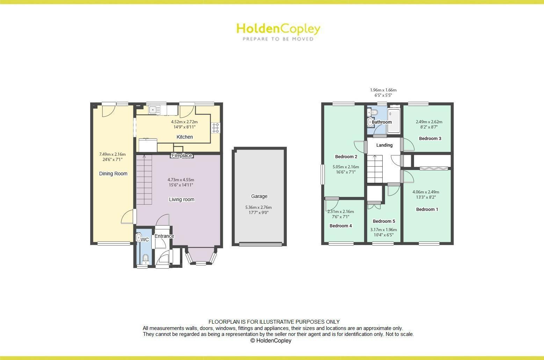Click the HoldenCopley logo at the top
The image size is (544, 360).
click(278, 31)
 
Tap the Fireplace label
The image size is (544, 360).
click(182, 155)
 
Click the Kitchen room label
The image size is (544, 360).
click(184, 137)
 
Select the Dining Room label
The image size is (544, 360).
click(113, 174)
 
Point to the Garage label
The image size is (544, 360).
click(259, 196)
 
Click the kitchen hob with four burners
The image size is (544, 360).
click(215, 128)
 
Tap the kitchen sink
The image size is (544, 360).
click(154, 110)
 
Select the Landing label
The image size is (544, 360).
click(384, 145)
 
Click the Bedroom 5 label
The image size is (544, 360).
click(384, 221)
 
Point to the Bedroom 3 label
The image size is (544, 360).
click(430, 138)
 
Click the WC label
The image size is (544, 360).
click(145, 240)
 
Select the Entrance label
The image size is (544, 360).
click(164, 236)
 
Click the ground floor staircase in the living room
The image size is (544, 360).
click(144, 180)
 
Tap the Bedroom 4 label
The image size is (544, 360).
click(341, 226)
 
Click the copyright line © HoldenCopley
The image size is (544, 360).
click(271, 340)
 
